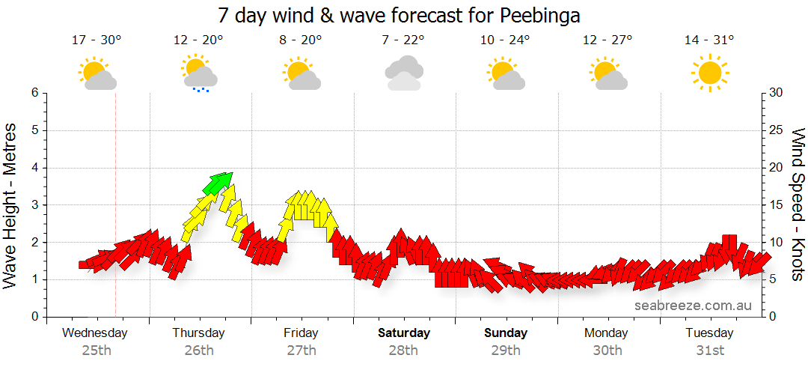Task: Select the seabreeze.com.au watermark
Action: click(x=693, y=306)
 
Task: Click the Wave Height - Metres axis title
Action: click(x=10, y=204)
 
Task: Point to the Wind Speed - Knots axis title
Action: click(x=798, y=204)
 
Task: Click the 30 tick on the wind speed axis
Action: click(x=777, y=93)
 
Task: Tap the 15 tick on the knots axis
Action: click(x=777, y=204)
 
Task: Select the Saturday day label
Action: click(x=404, y=333)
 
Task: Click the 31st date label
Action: click(x=709, y=350)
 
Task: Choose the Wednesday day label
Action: click(x=95, y=333)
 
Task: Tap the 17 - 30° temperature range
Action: click(x=97, y=40)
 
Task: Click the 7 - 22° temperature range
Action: click(x=403, y=40)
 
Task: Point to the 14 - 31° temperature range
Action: click(x=709, y=40)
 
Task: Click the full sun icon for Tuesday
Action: click(x=709, y=73)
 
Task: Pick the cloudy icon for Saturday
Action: click(x=403, y=73)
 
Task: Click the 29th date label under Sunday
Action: click(x=506, y=350)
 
